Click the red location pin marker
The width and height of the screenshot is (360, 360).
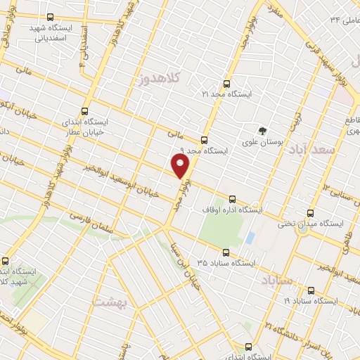coord(181,166)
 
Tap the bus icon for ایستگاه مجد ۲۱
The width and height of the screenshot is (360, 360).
coord(226,84)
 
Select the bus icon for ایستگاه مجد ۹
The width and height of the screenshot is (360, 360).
coord(204,140)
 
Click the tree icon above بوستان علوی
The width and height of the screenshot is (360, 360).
coord(262,131)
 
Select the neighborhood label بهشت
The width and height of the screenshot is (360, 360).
coord(108,300)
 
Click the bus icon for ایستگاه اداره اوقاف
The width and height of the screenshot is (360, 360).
coord(233,199)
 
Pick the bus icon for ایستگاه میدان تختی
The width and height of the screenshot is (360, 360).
coord(310,213)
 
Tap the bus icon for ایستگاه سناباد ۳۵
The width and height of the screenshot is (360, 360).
coord(226,252)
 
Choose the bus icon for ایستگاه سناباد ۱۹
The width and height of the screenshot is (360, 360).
coord(310,290)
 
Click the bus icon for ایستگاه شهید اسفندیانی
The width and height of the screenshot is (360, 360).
coord(49,17)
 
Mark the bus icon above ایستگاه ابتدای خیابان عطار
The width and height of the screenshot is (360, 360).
coord(84,111)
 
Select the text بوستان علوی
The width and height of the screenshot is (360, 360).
coord(262,142)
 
